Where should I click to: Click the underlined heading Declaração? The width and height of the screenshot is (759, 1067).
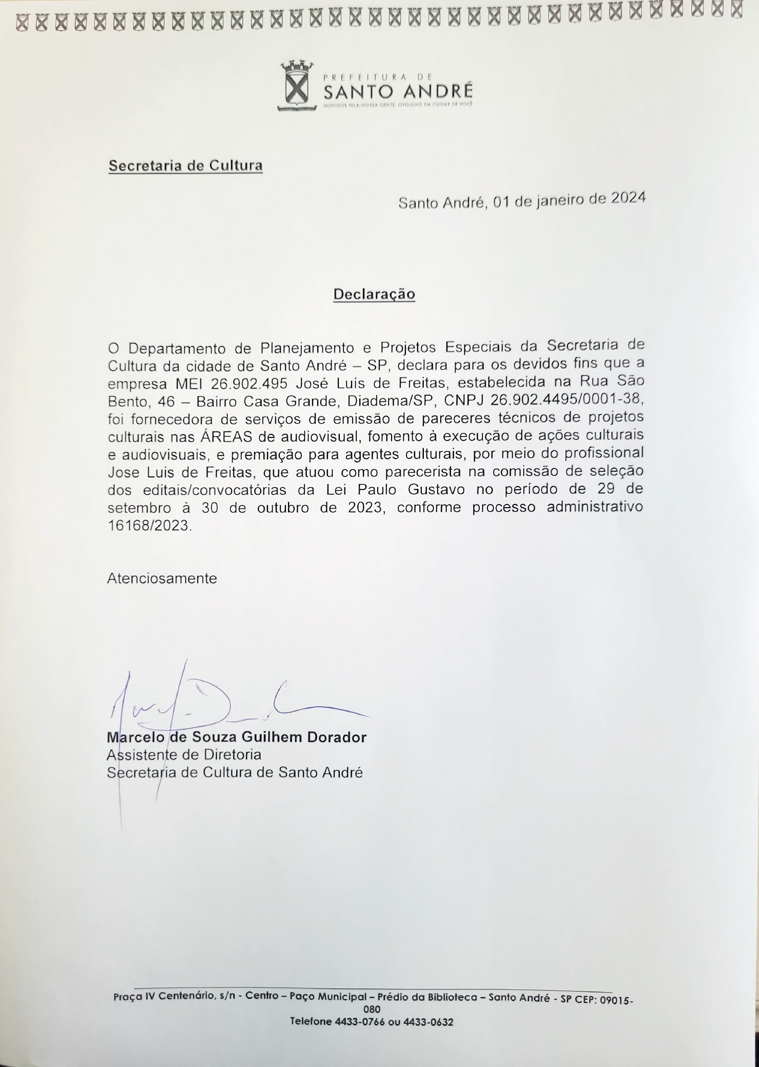click(374, 294)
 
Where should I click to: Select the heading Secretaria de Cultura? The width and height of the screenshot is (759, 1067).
click(186, 166)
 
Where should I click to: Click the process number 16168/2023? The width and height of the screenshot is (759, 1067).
click(149, 526)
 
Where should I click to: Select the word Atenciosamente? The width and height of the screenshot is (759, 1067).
click(162, 578)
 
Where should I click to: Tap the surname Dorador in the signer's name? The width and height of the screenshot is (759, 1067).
click(336, 737)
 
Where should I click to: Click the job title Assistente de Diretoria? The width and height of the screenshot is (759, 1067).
click(184, 755)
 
